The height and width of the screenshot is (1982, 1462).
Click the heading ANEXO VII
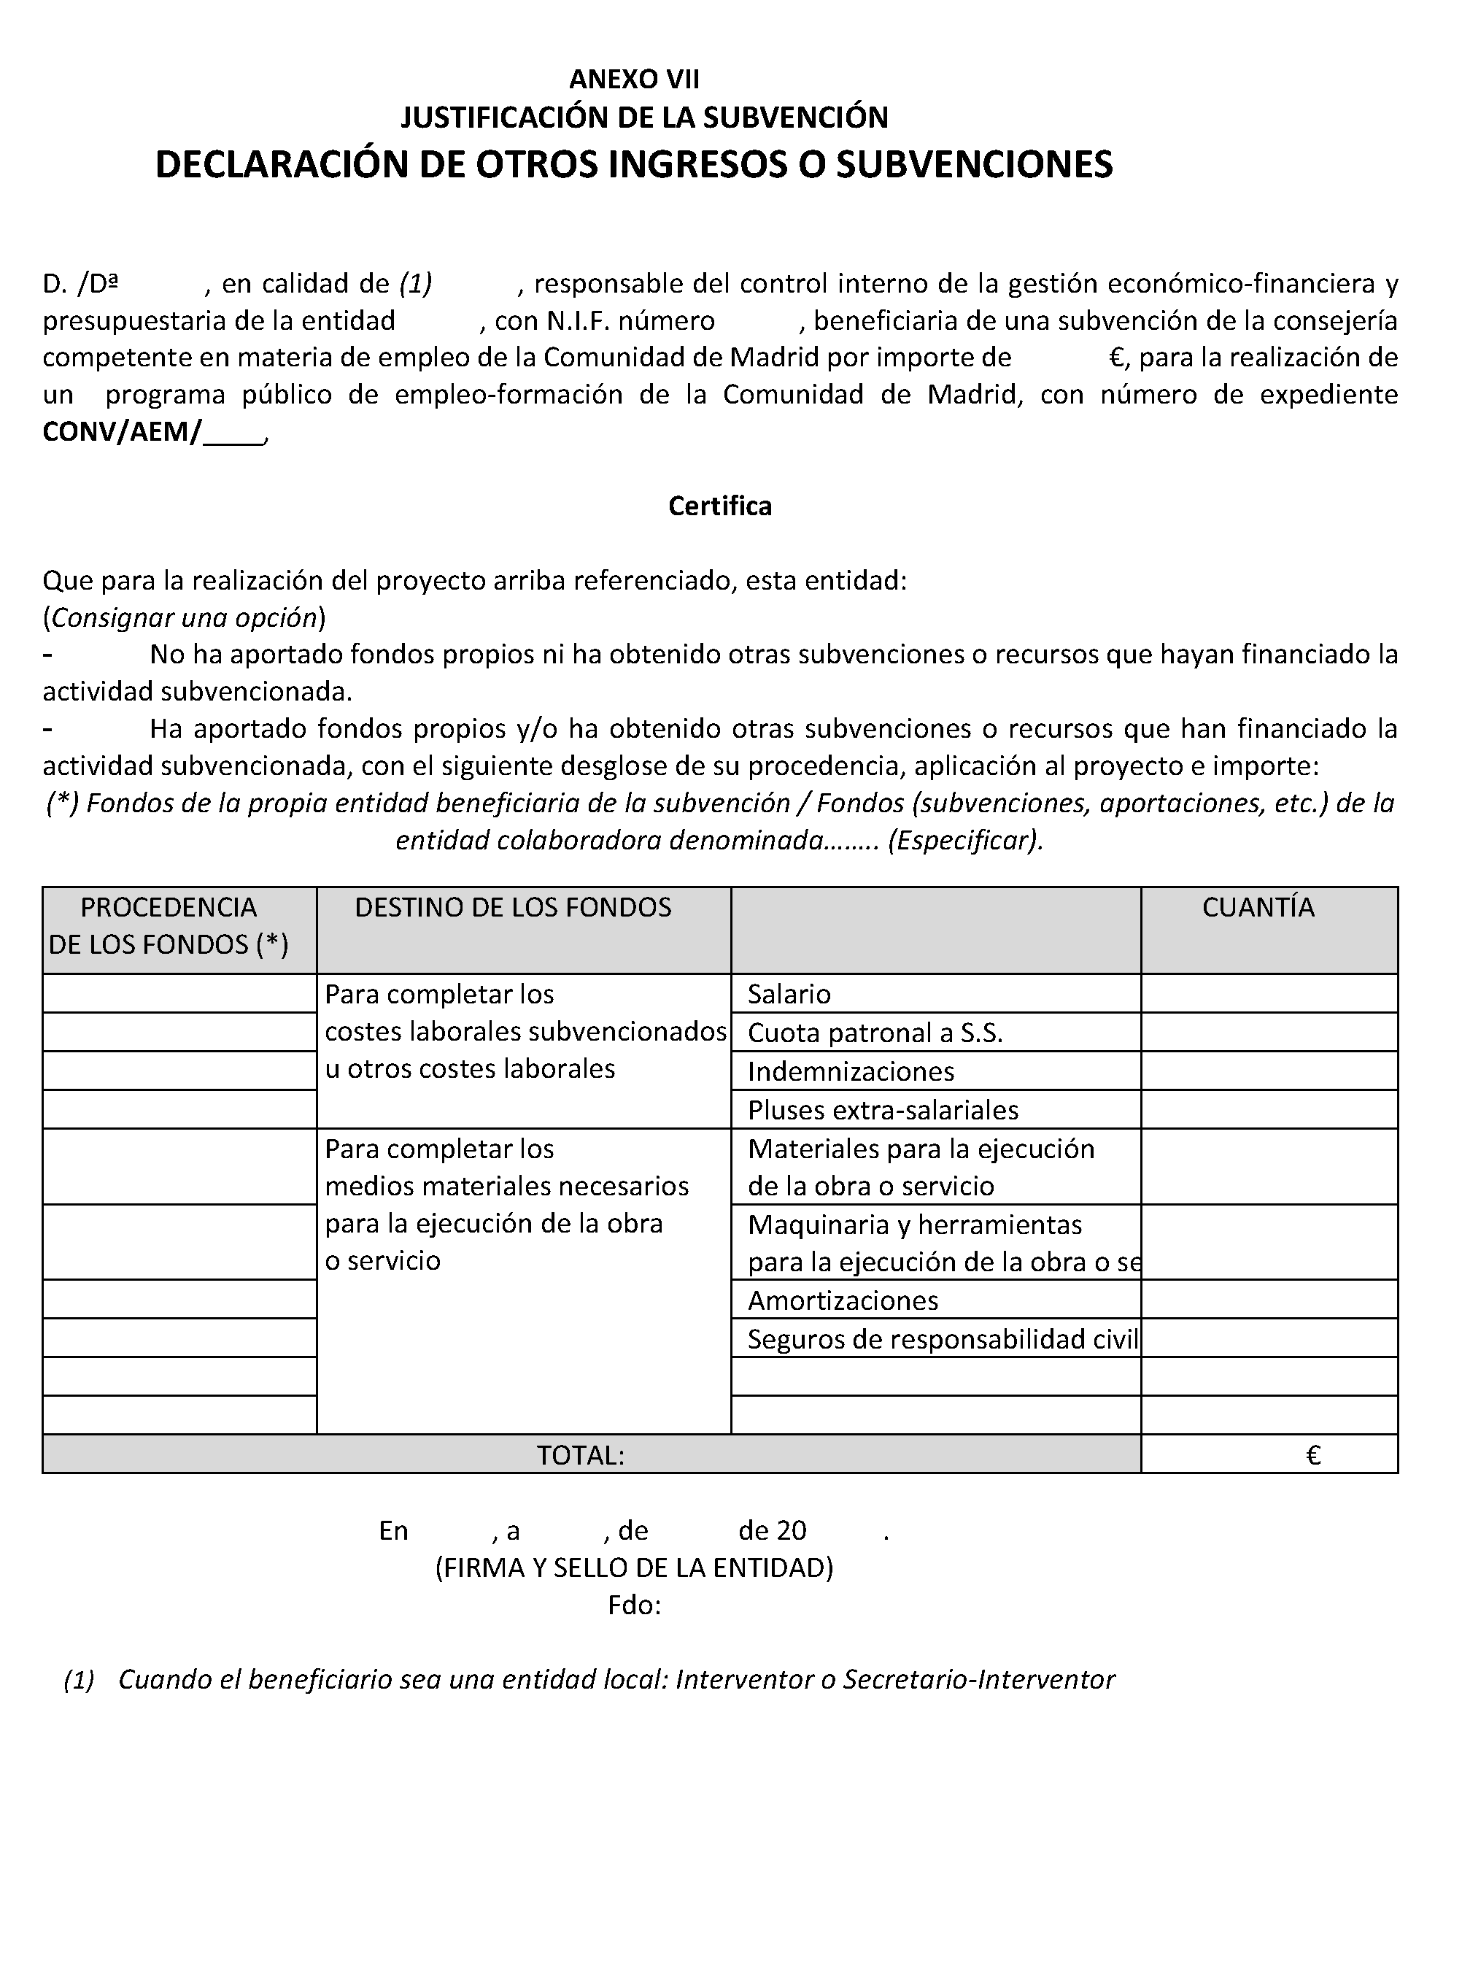pos(634,80)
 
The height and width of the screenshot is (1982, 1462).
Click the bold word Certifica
pos(719,506)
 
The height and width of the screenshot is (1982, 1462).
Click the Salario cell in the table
pos(789,994)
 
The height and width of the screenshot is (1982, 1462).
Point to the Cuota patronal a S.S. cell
pos(875,1033)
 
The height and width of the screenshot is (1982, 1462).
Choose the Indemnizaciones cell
pos(851,1072)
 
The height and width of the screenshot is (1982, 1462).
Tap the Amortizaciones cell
pos(843,1300)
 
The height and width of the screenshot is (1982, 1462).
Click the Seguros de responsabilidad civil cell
pos(943,1339)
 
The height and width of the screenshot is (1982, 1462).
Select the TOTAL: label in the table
pos(581,1455)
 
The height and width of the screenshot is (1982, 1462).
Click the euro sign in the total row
pos(1313,1455)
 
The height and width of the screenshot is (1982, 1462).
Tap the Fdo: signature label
pos(634,1605)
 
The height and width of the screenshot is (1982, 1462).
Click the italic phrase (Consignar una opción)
pos(184,618)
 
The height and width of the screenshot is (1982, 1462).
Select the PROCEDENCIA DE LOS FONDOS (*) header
pos(168,926)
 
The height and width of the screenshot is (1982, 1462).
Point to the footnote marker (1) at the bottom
pos(79,1679)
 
